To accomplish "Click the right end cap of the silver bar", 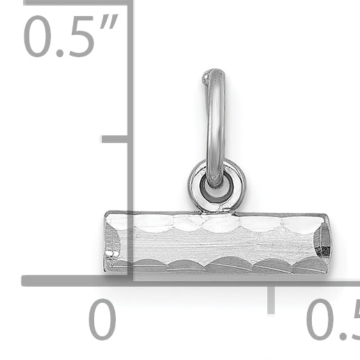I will [322, 242].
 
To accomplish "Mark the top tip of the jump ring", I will [213, 72].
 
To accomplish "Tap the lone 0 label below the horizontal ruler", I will [103, 320].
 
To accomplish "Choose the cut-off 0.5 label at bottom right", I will [332, 320].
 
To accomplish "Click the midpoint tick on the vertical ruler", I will [115, 139].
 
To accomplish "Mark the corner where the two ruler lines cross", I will [130, 280].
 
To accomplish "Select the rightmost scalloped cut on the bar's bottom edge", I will [308, 266].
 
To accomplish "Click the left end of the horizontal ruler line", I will [25, 280].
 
